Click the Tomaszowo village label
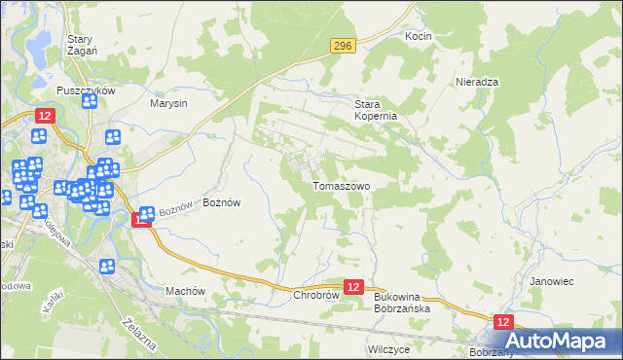point(340,185)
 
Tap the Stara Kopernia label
point(380,109)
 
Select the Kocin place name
point(418,36)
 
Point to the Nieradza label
point(477,82)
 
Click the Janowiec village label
point(550,280)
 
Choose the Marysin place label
point(168,102)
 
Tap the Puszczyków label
point(87,90)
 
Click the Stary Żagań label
point(79,46)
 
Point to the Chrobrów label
point(314,294)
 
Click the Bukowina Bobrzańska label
point(402,303)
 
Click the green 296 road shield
point(342,46)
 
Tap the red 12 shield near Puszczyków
point(44,116)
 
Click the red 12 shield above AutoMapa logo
point(502,321)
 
